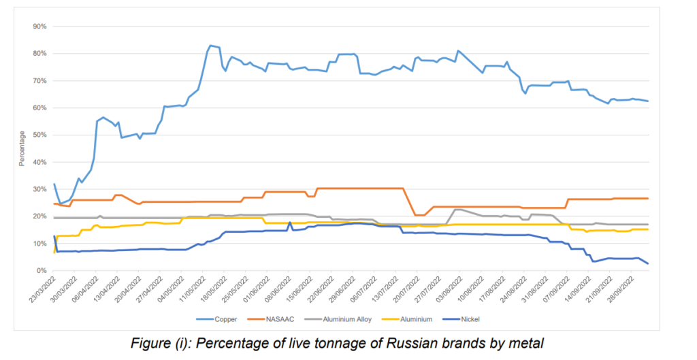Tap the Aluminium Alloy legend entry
[x=359, y=318]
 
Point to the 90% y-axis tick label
[x=39, y=27]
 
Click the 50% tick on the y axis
[x=39, y=135]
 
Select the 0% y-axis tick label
[x=41, y=271]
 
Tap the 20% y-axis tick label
[x=39, y=216]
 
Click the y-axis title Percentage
[x=22, y=148]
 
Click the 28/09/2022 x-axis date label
[x=619, y=291]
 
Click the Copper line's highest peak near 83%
[x=210, y=46]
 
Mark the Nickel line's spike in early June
[x=290, y=223]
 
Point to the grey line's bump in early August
[x=458, y=210]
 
